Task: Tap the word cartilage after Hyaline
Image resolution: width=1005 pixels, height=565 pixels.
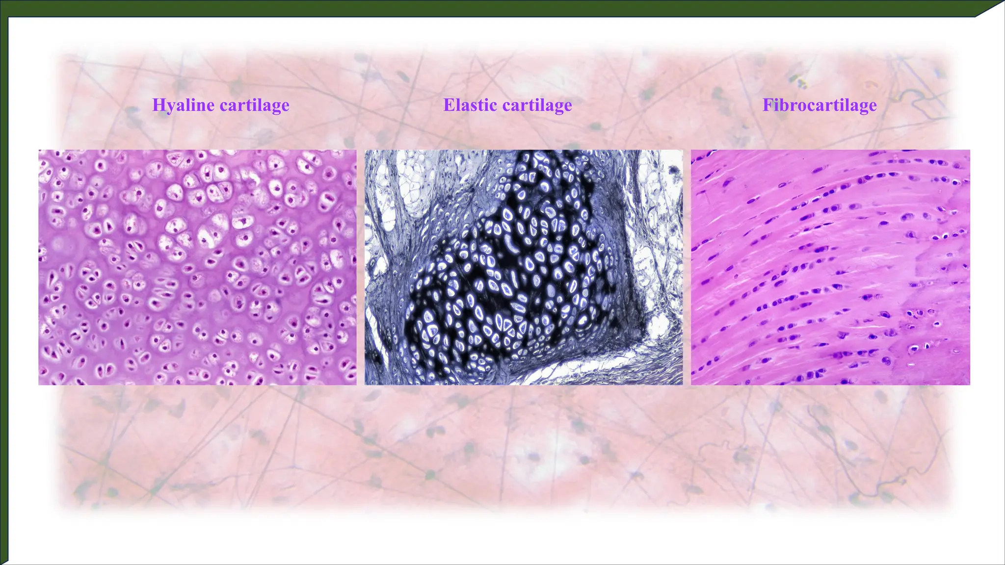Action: [x=255, y=105]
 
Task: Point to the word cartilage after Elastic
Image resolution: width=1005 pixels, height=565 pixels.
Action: [x=537, y=105]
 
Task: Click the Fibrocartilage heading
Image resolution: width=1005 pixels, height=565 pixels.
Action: [x=820, y=105]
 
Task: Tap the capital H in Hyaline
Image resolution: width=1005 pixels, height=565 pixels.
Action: [x=159, y=105]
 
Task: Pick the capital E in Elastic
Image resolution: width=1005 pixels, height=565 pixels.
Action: [x=449, y=105]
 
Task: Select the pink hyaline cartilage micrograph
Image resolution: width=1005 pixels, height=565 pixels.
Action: [x=197, y=267]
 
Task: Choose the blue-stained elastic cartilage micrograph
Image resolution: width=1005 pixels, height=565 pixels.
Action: [x=523, y=267]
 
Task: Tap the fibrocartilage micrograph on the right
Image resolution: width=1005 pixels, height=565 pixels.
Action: [x=830, y=267]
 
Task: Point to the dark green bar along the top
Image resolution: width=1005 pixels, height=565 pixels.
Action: [x=491, y=8]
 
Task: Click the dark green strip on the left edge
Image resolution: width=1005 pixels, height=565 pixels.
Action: [x=4, y=294]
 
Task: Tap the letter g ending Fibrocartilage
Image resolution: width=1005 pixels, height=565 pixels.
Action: [x=860, y=107]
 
